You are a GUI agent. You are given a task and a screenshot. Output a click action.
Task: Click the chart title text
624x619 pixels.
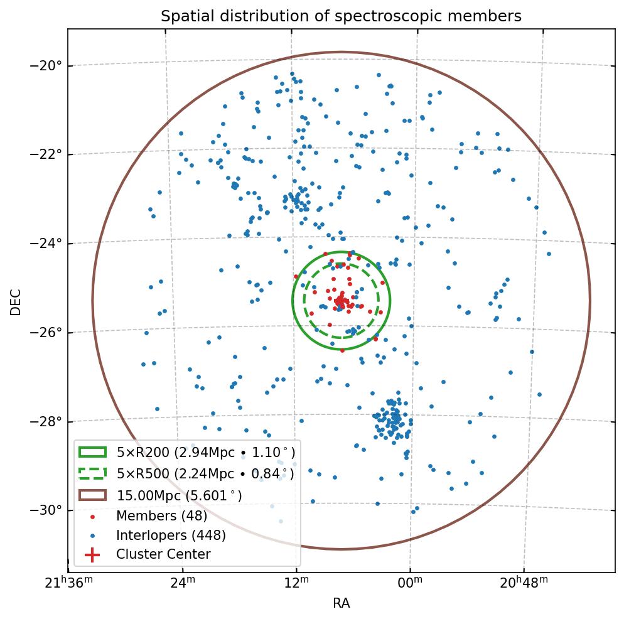click(x=341, y=16)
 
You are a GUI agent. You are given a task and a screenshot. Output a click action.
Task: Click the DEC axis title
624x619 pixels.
click(x=16, y=301)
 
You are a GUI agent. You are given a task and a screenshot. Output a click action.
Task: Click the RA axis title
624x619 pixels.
click(x=341, y=604)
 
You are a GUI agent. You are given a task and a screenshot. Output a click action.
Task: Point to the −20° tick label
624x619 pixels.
click(x=48, y=65)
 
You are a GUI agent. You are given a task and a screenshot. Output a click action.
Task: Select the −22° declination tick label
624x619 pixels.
click(x=48, y=154)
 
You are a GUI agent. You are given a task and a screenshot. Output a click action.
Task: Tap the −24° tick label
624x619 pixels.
click(x=48, y=244)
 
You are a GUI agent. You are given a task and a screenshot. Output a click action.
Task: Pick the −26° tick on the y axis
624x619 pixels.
click(x=48, y=333)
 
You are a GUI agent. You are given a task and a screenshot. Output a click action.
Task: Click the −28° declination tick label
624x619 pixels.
click(x=48, y=421)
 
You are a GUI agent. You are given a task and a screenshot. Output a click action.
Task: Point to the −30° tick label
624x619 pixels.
click(x=48, y=510)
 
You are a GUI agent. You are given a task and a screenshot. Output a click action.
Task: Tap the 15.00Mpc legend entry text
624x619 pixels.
click(x=179, y=495)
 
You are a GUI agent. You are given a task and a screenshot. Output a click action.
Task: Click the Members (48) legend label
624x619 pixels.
click(x=161, y=516)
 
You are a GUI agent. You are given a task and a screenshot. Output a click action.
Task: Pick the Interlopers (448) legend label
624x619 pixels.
click(x=171, y=536)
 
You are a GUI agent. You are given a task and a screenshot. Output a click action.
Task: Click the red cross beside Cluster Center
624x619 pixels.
click(x=92, y=555)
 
